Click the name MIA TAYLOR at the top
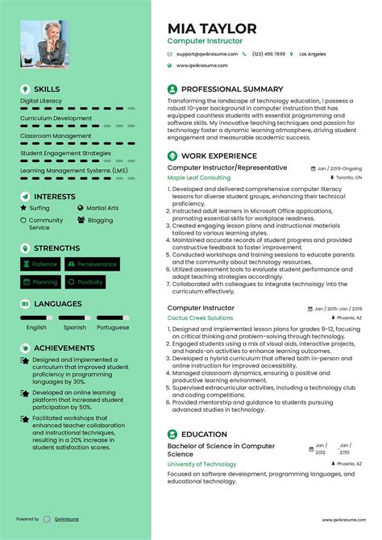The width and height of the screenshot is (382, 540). click(212, 28)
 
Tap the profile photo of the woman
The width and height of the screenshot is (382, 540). click(45, 44)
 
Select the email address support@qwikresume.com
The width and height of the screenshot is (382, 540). click(201, 54)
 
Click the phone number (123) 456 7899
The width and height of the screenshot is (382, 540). click(268, 54)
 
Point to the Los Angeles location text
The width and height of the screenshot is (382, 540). click(313, 54)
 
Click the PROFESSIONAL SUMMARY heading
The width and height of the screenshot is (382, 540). click(232, 89)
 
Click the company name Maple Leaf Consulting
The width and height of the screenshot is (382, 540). click(198, 177)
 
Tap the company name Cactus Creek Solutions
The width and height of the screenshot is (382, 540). click(200, 318)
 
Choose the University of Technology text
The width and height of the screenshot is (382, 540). click(201, 464)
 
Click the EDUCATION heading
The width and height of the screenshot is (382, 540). click(205, 434)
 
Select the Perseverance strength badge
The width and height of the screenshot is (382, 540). click(92, 264)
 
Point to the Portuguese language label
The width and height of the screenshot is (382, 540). click(112, 327)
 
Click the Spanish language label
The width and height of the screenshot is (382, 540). click(75, 327)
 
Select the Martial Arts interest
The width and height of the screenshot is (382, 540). click(102, 208)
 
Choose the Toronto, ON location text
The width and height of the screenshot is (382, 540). click(348, 177)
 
